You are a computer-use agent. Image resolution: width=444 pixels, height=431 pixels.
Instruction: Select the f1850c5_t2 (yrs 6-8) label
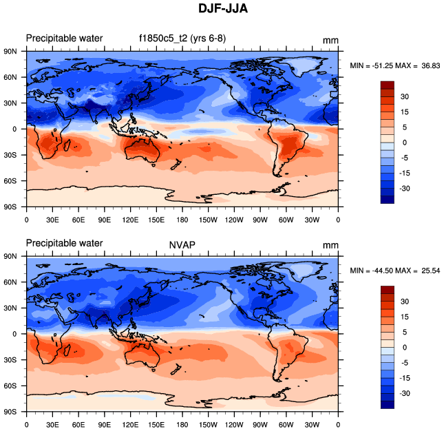[178, 38]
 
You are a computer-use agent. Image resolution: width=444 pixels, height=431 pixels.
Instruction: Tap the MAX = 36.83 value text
[415, 65]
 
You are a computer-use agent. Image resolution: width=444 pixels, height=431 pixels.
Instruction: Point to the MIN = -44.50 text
[372, 271]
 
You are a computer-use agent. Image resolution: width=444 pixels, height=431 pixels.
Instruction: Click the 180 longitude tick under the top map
[182, 220]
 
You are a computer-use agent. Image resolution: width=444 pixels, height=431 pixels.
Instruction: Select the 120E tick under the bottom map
[130, 425]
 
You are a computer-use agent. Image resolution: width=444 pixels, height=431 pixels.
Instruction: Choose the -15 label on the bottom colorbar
[405, 377]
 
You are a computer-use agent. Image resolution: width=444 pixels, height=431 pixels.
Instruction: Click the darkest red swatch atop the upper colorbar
[388, 85]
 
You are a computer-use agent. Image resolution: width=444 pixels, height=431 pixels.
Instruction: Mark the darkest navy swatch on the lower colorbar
[388, 404]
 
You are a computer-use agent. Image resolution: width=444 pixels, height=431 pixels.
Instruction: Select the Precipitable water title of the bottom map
[64, 243]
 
